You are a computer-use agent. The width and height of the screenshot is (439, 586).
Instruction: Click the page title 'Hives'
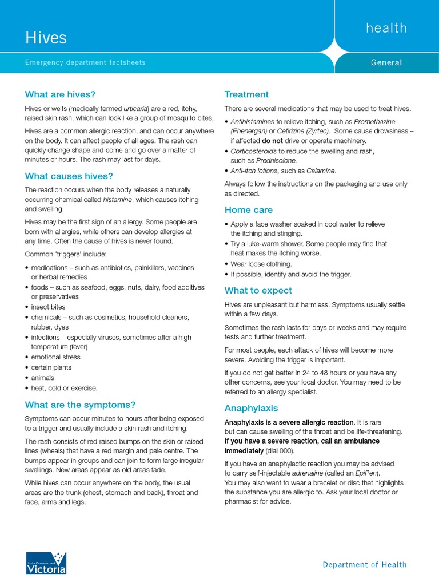pos(46,38)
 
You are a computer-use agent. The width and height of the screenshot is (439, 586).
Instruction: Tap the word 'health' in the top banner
pos(386,28)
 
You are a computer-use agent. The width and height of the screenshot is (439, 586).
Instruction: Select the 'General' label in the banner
pos(386,62)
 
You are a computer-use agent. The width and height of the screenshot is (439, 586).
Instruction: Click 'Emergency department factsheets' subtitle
pos(85,62)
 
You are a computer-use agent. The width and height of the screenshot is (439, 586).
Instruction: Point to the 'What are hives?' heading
pos(60,94)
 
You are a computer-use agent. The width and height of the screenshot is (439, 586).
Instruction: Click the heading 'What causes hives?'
pos(69,176)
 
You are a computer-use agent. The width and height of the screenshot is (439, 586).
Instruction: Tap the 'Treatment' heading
pos(246,94)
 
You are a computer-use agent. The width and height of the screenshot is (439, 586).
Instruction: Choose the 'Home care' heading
pos(249,210)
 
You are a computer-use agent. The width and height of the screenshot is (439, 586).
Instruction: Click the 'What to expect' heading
pos(258,290)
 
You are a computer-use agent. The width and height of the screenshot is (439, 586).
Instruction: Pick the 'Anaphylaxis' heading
pos(251,408)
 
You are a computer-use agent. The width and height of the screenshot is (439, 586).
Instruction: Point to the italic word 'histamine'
pos(118,200)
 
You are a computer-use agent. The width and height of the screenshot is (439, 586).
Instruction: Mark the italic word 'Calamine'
pos(320,171)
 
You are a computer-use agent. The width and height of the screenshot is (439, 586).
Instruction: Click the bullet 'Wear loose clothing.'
pos(261,264)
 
